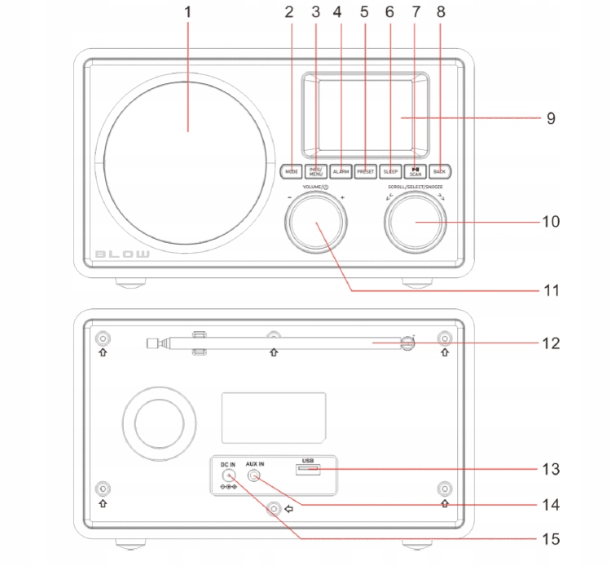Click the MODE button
pos(292,171)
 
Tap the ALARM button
pos(341,171)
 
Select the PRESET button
pos(366,171)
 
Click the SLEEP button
pos(390,171)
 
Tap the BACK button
pos(439,171)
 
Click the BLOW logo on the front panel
pos(123,254)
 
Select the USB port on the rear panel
pos(308,471)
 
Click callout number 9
pos(551,118)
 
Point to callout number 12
pos(551,343)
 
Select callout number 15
pos(551,539)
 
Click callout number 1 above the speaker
pos(188,14)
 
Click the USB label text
pos(308,461)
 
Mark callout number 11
pos(551,290)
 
